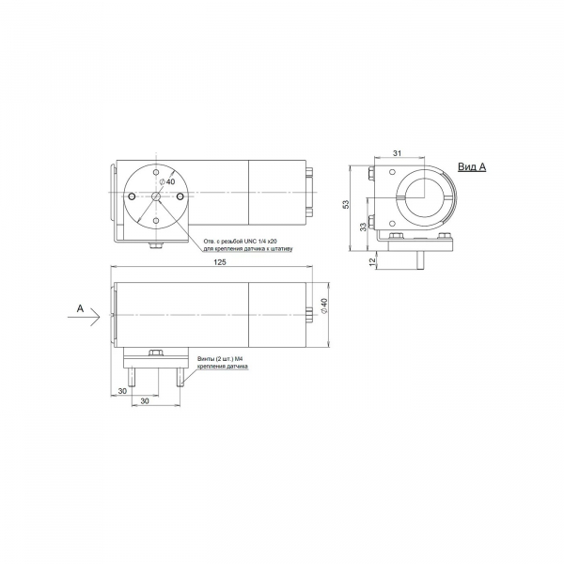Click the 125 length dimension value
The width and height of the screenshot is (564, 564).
click(220, 262)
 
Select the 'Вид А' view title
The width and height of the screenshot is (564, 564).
click(472, 167)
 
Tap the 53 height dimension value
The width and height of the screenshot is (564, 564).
click(346, 204)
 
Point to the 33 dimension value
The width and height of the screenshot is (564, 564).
click(363, 227)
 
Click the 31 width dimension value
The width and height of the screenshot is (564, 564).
click(397, 153)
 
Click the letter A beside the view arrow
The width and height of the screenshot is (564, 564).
click(80, 308)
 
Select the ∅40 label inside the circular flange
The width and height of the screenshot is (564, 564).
click(167, 181)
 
